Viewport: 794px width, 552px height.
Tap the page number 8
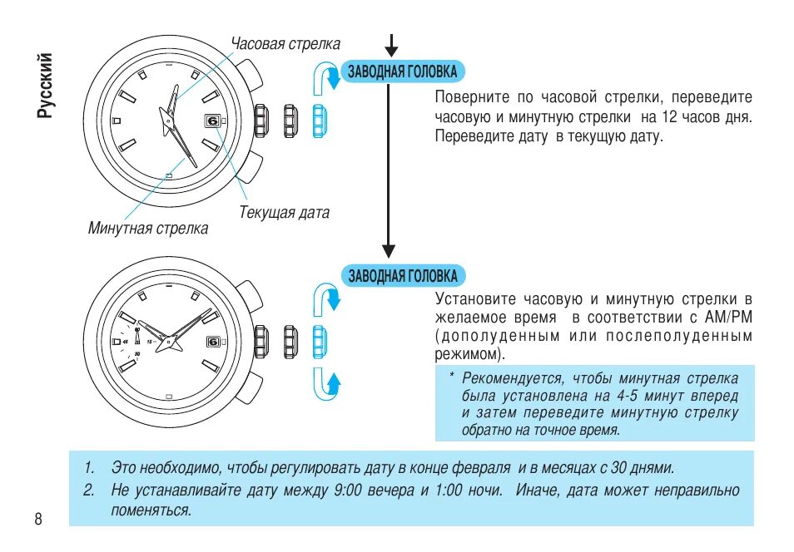[38, 520]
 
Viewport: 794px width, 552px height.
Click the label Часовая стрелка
[285, 44]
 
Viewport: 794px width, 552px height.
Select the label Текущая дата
[284, 213]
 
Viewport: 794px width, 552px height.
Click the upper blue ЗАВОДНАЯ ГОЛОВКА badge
[402, 71]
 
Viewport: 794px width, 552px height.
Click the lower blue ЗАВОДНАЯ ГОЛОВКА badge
[403, 275]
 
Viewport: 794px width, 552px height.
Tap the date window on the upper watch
[212, 121]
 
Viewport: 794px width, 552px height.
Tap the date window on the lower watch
[212, 341]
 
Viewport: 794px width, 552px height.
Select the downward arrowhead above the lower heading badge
[388, 249]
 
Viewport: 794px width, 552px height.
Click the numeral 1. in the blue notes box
[89, 468]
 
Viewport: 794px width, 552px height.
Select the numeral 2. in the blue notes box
[89, 490]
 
